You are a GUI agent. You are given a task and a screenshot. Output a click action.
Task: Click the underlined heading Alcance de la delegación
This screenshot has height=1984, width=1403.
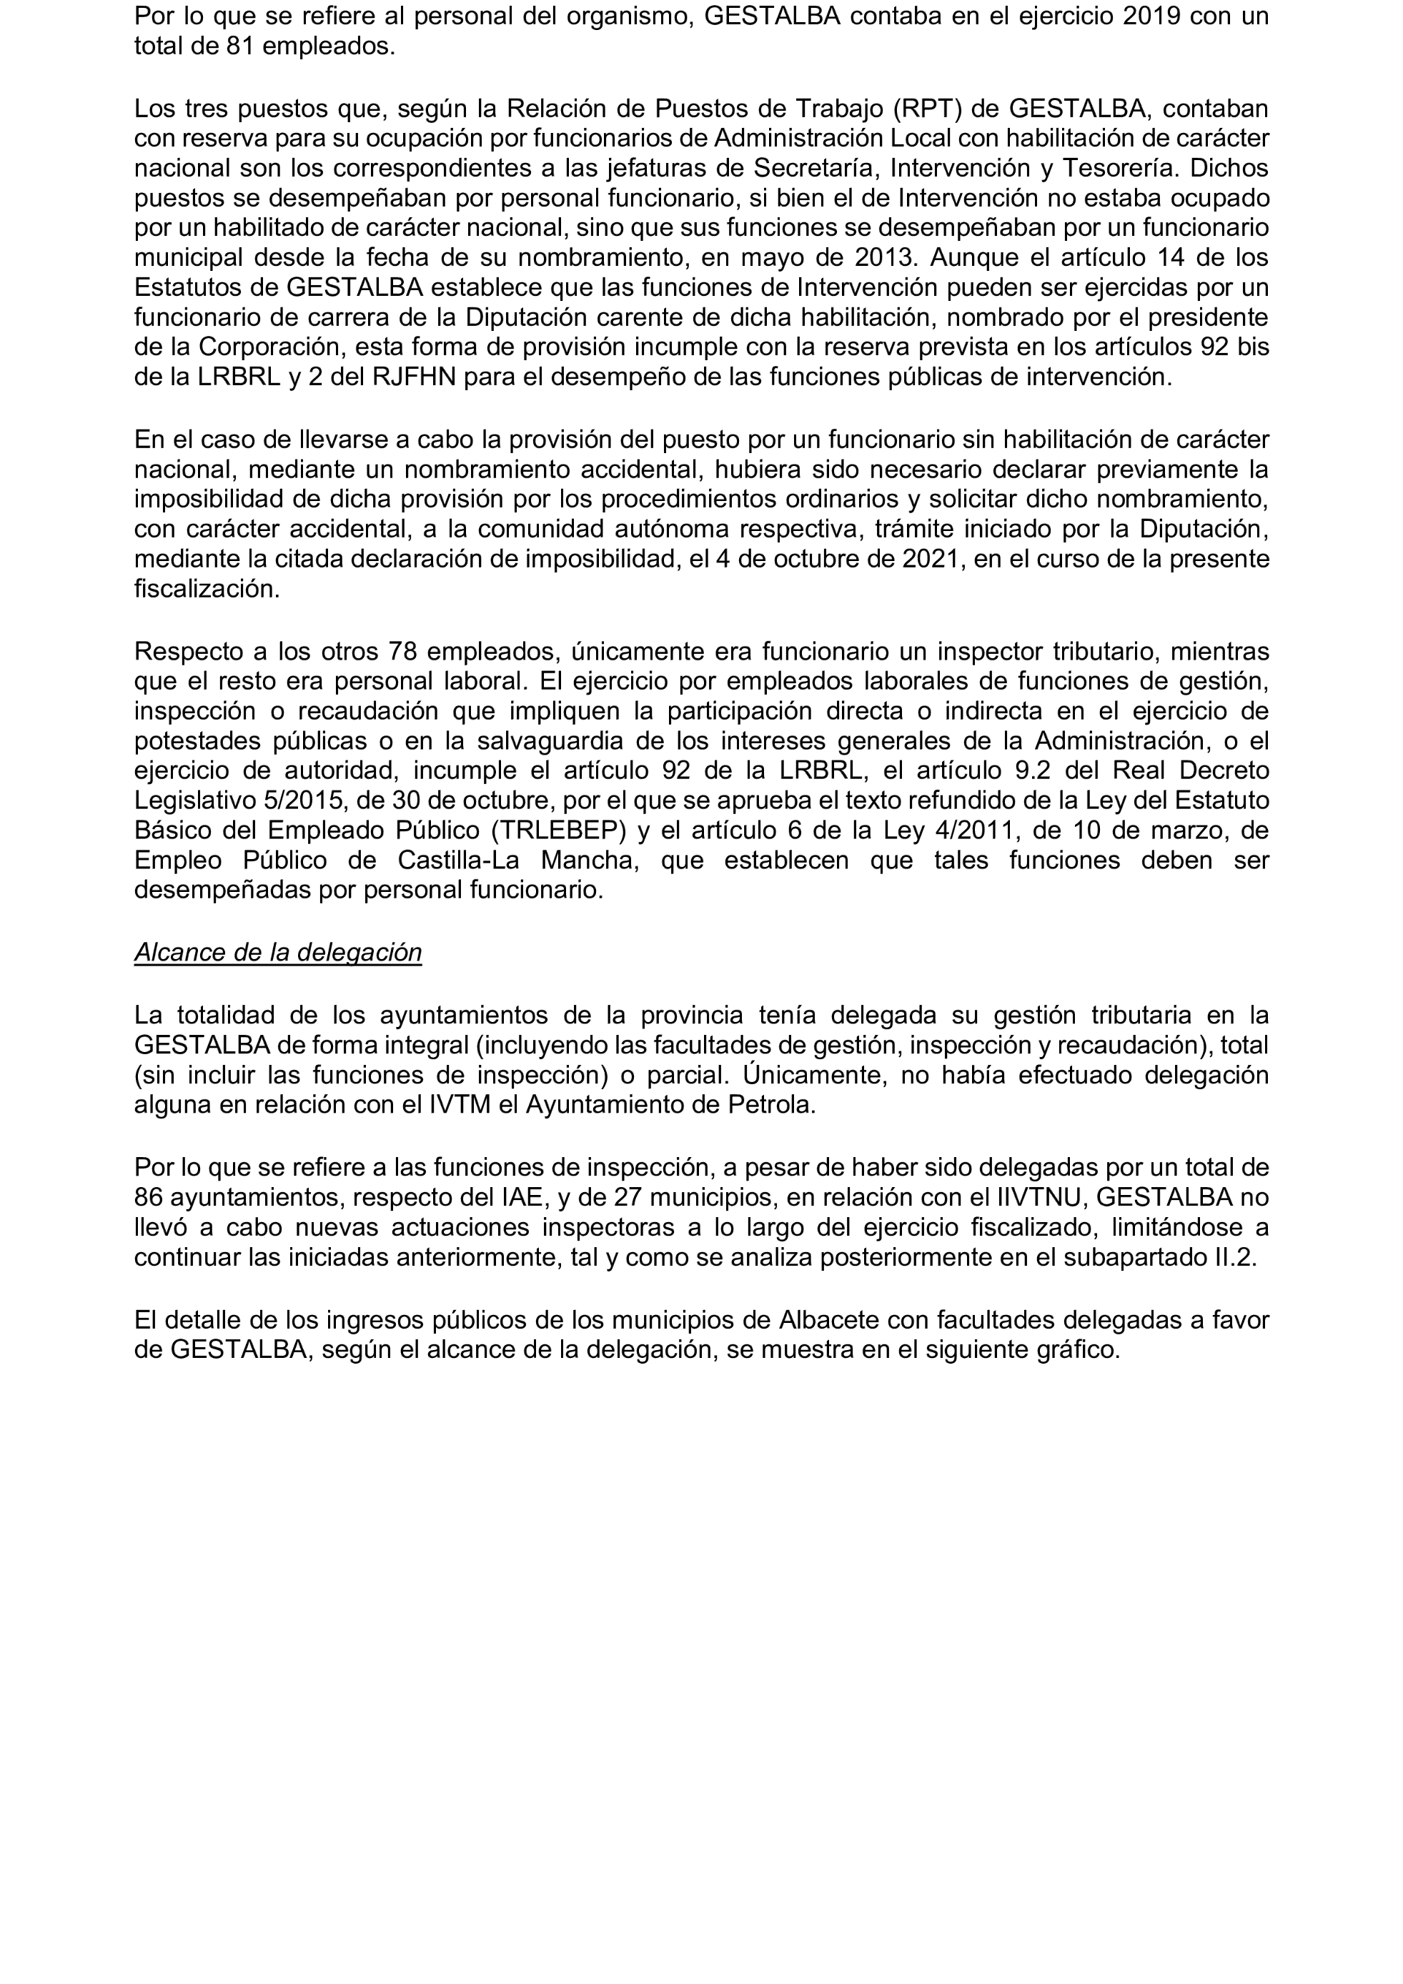pyautogui.click(x=277, y=951)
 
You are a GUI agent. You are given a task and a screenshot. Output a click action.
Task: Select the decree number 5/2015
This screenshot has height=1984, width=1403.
pyautogui.click(x=302, y=800)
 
